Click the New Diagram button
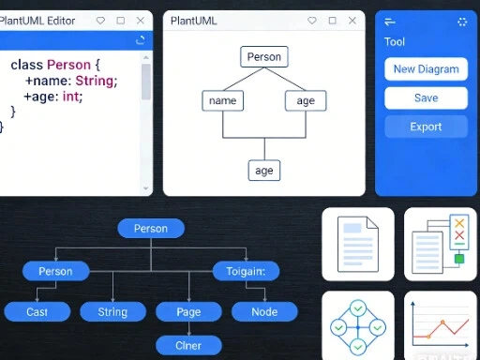[426, 68]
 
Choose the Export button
[426, 127]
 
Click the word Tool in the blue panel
[395, 41]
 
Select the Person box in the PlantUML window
[263, 57]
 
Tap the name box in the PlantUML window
[222, 100]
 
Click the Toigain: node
[246, 272]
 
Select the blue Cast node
[37, 311]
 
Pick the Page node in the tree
[188, 311]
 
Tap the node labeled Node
[264, 311]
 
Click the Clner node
[188, 344]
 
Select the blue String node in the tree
[112, 311]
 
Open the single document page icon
[357, 244]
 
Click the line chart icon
[440, 325]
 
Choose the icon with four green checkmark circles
[357, 325]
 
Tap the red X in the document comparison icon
[458, 223]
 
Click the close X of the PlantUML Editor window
[141, 20]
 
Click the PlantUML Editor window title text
[37, 20]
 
